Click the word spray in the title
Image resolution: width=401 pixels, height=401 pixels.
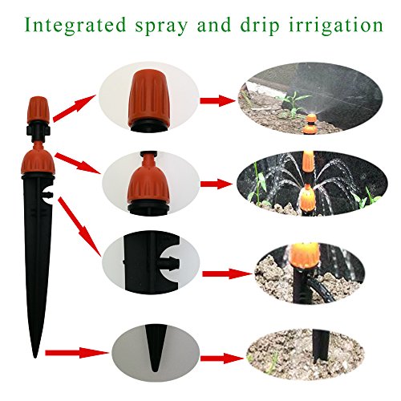(179, 26)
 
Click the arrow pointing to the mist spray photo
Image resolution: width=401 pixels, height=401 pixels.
(214, 101)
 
